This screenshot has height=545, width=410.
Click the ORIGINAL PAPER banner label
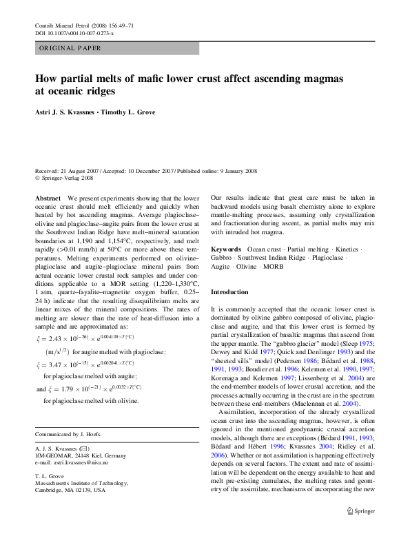coord(70,48)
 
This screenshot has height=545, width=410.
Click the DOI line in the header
coord(74,32)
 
